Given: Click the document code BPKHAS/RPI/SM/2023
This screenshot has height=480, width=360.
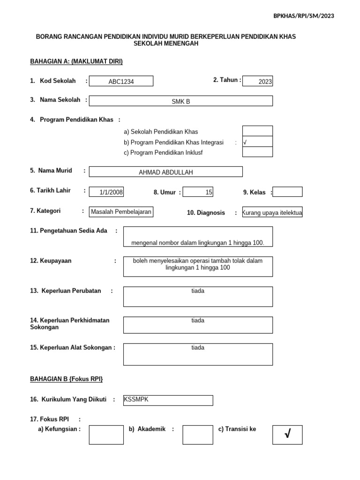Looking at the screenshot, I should pyautogui.click(x=304, y=16).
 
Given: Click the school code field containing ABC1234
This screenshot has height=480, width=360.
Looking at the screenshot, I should pyautogui.click(x=121, y=82).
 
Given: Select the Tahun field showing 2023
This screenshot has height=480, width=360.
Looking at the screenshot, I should pyautogui.click(x=258, y=82).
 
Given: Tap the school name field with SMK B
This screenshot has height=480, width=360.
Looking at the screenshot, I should pyautogui.click(x=181, y=101).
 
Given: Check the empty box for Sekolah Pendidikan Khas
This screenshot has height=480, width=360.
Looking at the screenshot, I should pyautogui.click(x=257, y=131).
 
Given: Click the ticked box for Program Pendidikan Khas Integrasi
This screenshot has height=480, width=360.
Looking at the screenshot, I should pyautogui.click(x=257, y=142).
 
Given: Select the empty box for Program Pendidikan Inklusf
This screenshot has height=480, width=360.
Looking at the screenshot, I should pyautogui.click(x=257, y=152).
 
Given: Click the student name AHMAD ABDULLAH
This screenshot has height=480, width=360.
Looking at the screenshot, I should pyautogui.click(x=166, y=172).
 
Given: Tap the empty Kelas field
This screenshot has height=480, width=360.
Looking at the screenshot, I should pyautogui.click(x=287, y=192).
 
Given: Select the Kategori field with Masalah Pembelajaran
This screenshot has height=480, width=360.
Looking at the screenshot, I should pyautogui.click(x=121, y=212).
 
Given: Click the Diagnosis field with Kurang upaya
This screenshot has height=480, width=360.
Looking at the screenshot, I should pyautogui.click(x=272, y=213).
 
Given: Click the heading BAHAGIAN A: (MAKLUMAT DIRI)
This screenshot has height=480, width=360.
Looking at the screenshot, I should pyautogui.click(x=76, y=61).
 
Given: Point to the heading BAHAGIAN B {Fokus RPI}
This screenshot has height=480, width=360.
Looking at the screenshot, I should pyautogui.click(x=66, y=378).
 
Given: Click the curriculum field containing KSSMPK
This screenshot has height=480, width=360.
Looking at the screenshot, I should pyautogui.click(x=167, y=400).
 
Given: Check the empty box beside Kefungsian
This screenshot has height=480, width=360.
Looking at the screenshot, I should pyautogui.click(x=106, y=435).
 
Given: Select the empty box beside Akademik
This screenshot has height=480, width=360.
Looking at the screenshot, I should pyautogui.click(x=198, y=435).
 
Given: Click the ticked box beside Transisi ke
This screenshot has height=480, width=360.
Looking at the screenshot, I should pyautogui.click(x=287, y=435).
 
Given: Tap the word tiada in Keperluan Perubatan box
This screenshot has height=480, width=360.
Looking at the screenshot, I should pyautogui.click(x=198, y=291).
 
